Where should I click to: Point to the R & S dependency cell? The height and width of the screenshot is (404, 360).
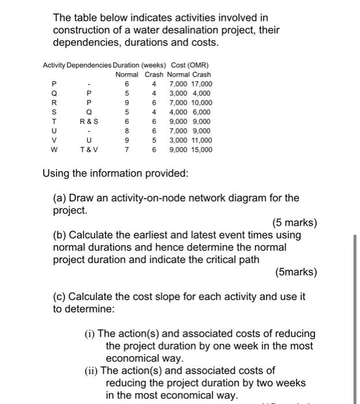(x=88, y=122)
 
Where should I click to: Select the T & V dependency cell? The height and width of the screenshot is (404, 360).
(x=88, y=150)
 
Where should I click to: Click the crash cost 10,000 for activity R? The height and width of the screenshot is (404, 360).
(x=201, y=103)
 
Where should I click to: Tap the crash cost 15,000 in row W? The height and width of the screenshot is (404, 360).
(x=201, y=150)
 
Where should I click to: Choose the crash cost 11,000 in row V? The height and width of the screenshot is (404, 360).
(x=201, y=140)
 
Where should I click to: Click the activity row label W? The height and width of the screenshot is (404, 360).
(x=54, y=150)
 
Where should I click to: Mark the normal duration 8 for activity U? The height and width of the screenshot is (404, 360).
(x=126, y=131)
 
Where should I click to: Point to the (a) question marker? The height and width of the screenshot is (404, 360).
(x=60, y=198)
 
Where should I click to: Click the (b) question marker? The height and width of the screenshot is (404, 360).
(x=60, y=235)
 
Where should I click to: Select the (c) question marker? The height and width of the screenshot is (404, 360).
(x=60, y=297)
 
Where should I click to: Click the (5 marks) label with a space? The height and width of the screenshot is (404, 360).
(x=294, y=223)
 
